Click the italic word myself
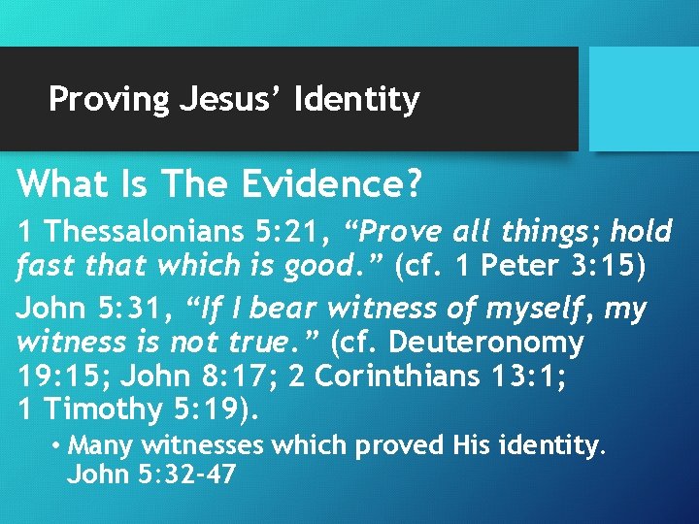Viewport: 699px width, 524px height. coord(541,310)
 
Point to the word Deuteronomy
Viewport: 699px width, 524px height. coord(489,343)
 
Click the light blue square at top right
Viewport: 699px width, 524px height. coord(643,98)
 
